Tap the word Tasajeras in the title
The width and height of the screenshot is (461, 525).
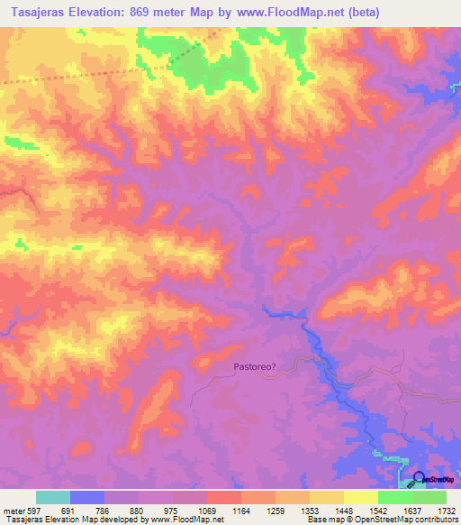(x=38, y=13)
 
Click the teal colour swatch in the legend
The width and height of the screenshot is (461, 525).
(x=53, y=497)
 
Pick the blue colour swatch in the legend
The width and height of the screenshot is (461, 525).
(x=87, y=497)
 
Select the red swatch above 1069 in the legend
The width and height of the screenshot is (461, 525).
(x=223, y=497)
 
